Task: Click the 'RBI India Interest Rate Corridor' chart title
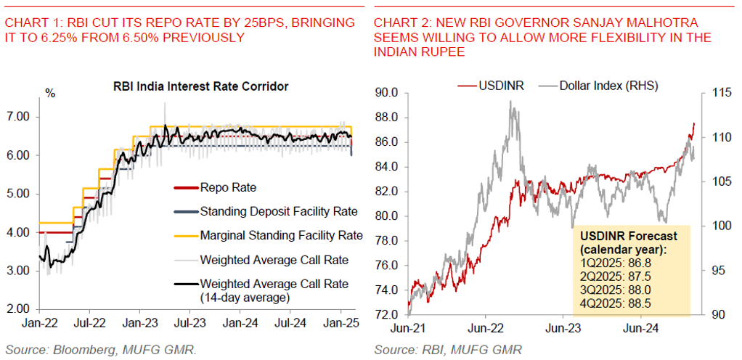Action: click(x=201, y=86)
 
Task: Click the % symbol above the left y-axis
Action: click(x=49, y=93)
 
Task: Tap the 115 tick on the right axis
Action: click(x=717, y=93)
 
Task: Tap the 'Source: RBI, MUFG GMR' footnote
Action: click(x=448, y=350)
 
